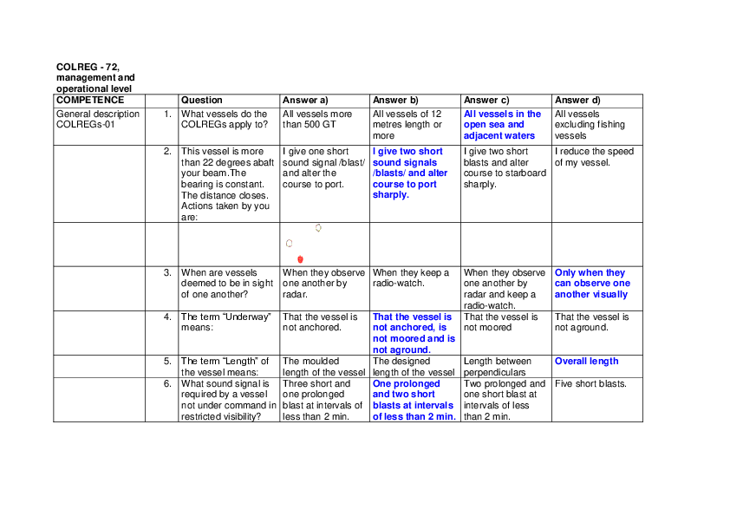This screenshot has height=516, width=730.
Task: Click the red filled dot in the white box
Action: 300,259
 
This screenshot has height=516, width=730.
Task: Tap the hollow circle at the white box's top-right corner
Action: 318,227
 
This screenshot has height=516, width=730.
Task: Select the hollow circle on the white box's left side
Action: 289,244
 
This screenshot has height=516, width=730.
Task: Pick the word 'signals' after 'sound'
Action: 420,162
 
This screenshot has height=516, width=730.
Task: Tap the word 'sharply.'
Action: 390,195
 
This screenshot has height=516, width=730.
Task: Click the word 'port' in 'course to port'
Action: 427,184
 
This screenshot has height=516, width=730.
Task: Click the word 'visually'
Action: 610,295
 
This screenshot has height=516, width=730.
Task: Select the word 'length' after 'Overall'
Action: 604,361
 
